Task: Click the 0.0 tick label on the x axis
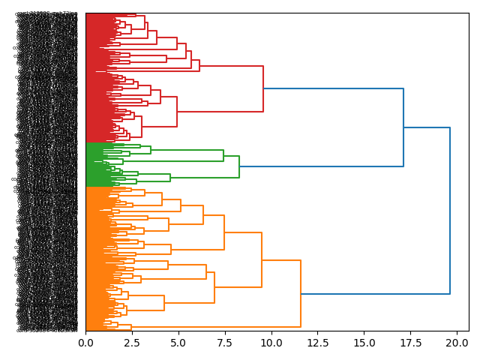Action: [85, 343]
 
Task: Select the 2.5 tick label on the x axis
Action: [132, 343]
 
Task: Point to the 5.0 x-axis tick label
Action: [178, 343]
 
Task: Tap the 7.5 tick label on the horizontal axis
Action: [225, 343]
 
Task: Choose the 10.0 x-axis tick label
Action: [271, 343]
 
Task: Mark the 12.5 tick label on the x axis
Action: [317, 343]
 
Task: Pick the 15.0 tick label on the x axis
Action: [364, 343]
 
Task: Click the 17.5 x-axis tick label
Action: [410, 343]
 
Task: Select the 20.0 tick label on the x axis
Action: [457, 343]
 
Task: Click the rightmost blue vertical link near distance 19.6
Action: [450, 210]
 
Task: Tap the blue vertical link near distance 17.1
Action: [403, 127]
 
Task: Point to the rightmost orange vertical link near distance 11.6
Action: [301, 293]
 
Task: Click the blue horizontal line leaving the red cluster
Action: [333, 88]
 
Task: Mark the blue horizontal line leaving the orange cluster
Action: [375, 294]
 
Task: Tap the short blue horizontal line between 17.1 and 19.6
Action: [427, 127]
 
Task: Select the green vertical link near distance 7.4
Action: [223, 155]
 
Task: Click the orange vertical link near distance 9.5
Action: [262, 259]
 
